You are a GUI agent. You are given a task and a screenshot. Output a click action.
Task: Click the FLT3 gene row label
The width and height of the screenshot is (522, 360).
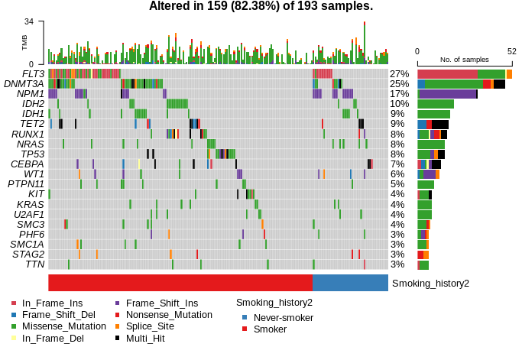[33, 73]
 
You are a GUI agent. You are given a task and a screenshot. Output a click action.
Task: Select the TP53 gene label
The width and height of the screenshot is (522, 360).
[31, 154]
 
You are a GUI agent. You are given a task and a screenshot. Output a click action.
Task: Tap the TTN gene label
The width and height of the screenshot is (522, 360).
[35, 264]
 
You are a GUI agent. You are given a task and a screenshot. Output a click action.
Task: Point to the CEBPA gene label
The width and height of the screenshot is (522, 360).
[28, 164]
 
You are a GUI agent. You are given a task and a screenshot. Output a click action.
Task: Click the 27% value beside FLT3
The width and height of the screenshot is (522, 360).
[399, 73]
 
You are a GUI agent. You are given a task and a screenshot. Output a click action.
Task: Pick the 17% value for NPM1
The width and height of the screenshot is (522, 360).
[399, 94]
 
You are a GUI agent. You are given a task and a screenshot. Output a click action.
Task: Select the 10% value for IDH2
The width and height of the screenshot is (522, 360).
[399, 104]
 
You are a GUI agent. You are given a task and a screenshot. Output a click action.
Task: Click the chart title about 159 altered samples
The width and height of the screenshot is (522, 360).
[261, 7]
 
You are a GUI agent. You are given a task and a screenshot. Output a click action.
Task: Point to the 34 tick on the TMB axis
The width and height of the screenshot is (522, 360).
[28, 21]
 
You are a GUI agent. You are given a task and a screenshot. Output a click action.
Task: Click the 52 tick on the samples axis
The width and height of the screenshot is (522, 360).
[512, 51]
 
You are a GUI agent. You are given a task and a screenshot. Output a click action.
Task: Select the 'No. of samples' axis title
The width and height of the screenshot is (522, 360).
[464, 60]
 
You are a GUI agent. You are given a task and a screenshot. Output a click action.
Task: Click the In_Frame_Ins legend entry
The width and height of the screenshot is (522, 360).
[51, 303]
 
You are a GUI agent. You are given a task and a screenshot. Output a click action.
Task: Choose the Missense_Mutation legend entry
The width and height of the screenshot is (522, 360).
[63, 326]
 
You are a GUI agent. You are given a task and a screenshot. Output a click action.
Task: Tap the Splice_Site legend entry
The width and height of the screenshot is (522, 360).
[150, 326]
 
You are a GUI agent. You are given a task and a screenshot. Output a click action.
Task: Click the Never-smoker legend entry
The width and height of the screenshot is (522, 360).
[283, 317]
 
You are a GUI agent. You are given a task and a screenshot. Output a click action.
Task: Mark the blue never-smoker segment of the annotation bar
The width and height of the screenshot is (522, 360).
[350, 283]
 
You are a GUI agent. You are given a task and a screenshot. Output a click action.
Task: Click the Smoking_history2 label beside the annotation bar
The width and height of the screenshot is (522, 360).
[430, 283]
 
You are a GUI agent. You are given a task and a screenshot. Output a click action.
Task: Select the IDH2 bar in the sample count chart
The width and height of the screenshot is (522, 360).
[436, 104]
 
